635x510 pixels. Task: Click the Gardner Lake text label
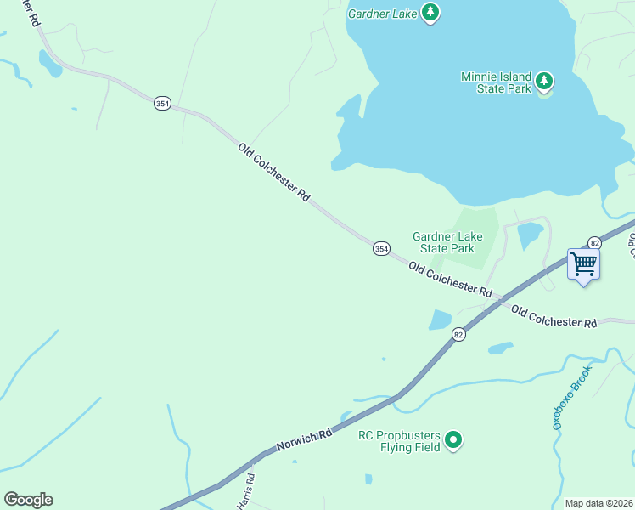383,13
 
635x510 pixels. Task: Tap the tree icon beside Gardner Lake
431,12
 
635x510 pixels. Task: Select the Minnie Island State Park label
496,82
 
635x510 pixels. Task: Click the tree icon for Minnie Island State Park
544,82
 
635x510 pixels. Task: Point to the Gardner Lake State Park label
443,242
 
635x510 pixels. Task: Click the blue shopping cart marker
583,264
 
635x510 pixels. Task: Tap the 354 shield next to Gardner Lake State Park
381,248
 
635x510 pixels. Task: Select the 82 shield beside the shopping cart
594,242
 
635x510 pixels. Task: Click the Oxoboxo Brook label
569,394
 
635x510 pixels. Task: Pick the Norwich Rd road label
304,441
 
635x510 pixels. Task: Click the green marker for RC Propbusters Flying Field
454,439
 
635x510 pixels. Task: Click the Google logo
28,500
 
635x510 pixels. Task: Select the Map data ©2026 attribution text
598,503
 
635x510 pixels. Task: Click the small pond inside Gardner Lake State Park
530,235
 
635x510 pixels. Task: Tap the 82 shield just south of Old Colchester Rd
458,334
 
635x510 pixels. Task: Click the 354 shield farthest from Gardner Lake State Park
162,103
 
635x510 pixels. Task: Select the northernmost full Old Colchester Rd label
274,173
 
